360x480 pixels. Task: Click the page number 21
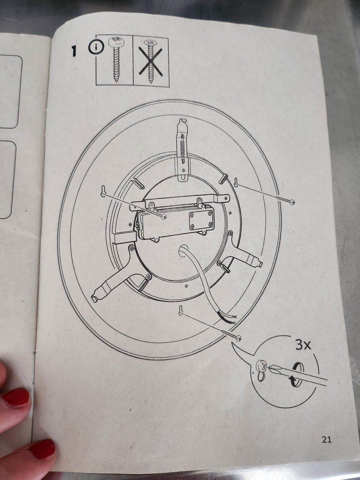tap(327, 439)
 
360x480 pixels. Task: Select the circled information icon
tap(96, 48)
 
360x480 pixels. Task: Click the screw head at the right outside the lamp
tap(292, 202)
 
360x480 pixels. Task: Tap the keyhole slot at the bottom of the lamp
tap(180, 310)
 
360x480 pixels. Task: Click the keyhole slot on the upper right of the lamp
tap(236, 182)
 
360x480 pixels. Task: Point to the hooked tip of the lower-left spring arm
tap(95, 298)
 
